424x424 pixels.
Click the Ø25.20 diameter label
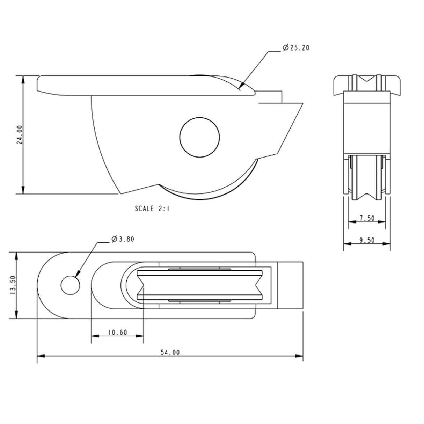[x=296, y=48]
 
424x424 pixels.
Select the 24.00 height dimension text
[x=20, y=135]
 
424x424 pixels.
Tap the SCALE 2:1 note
[x=152, y=209]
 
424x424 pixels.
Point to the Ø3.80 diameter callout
[x=123, y=239]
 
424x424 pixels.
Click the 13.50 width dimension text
[x=13, y=285]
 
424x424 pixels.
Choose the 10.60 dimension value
[x=117, y=332]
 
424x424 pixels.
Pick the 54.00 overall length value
[x=170, y=352]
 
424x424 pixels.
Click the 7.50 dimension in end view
[x=367, y=218]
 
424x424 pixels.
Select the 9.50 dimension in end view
[x=367, y=240]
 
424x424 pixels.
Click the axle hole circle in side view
[x=200, y=137]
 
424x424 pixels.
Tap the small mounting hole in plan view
[x=70, y=285]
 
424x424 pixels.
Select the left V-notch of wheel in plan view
[x=141, y=285]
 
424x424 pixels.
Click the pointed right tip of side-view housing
[x=302, y=104]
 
